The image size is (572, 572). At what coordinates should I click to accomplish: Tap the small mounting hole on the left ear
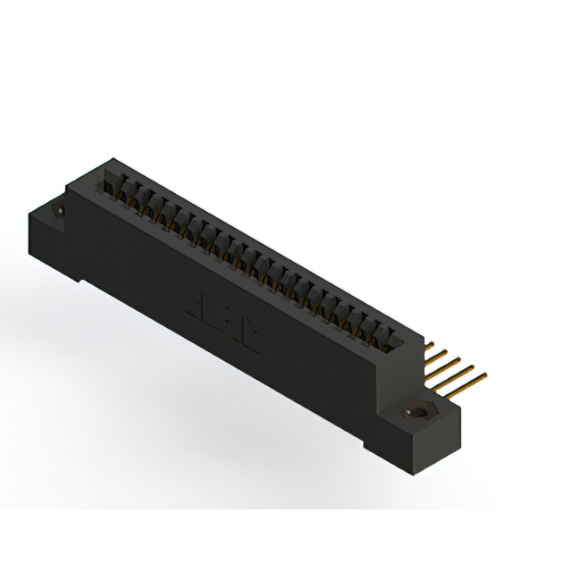coord(60,211)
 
